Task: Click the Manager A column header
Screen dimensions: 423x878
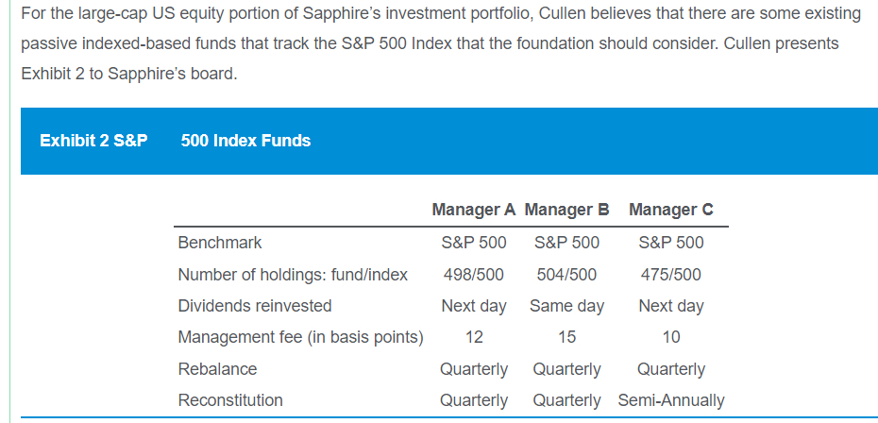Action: (473, 210)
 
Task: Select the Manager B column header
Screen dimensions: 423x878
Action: (566, 210)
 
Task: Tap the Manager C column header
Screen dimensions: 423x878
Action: (670, 210)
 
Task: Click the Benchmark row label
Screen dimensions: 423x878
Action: (220, 243)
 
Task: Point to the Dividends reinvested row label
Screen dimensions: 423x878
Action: (255, 306)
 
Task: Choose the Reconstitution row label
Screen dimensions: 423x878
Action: (230, 400)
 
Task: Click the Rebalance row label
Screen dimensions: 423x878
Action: (217, 368)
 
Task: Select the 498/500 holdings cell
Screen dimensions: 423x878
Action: (473, 275)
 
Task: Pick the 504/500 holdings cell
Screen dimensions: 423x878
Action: (566, 275)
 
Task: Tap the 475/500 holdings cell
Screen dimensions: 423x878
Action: (670, 275)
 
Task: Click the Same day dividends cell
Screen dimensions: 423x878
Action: (566, 306)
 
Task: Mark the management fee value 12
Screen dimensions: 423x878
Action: (473, 337)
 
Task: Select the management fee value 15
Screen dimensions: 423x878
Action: (566, 337)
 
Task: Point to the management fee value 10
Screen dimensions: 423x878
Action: (670, 337)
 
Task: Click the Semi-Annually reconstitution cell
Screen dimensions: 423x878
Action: (670, 400)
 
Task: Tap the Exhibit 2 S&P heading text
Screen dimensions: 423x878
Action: (93, 141)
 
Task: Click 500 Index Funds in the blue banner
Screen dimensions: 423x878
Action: (245, 141)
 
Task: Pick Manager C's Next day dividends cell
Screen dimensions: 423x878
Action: (670, 306)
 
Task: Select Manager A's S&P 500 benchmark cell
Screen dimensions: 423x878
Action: (473, 243)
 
